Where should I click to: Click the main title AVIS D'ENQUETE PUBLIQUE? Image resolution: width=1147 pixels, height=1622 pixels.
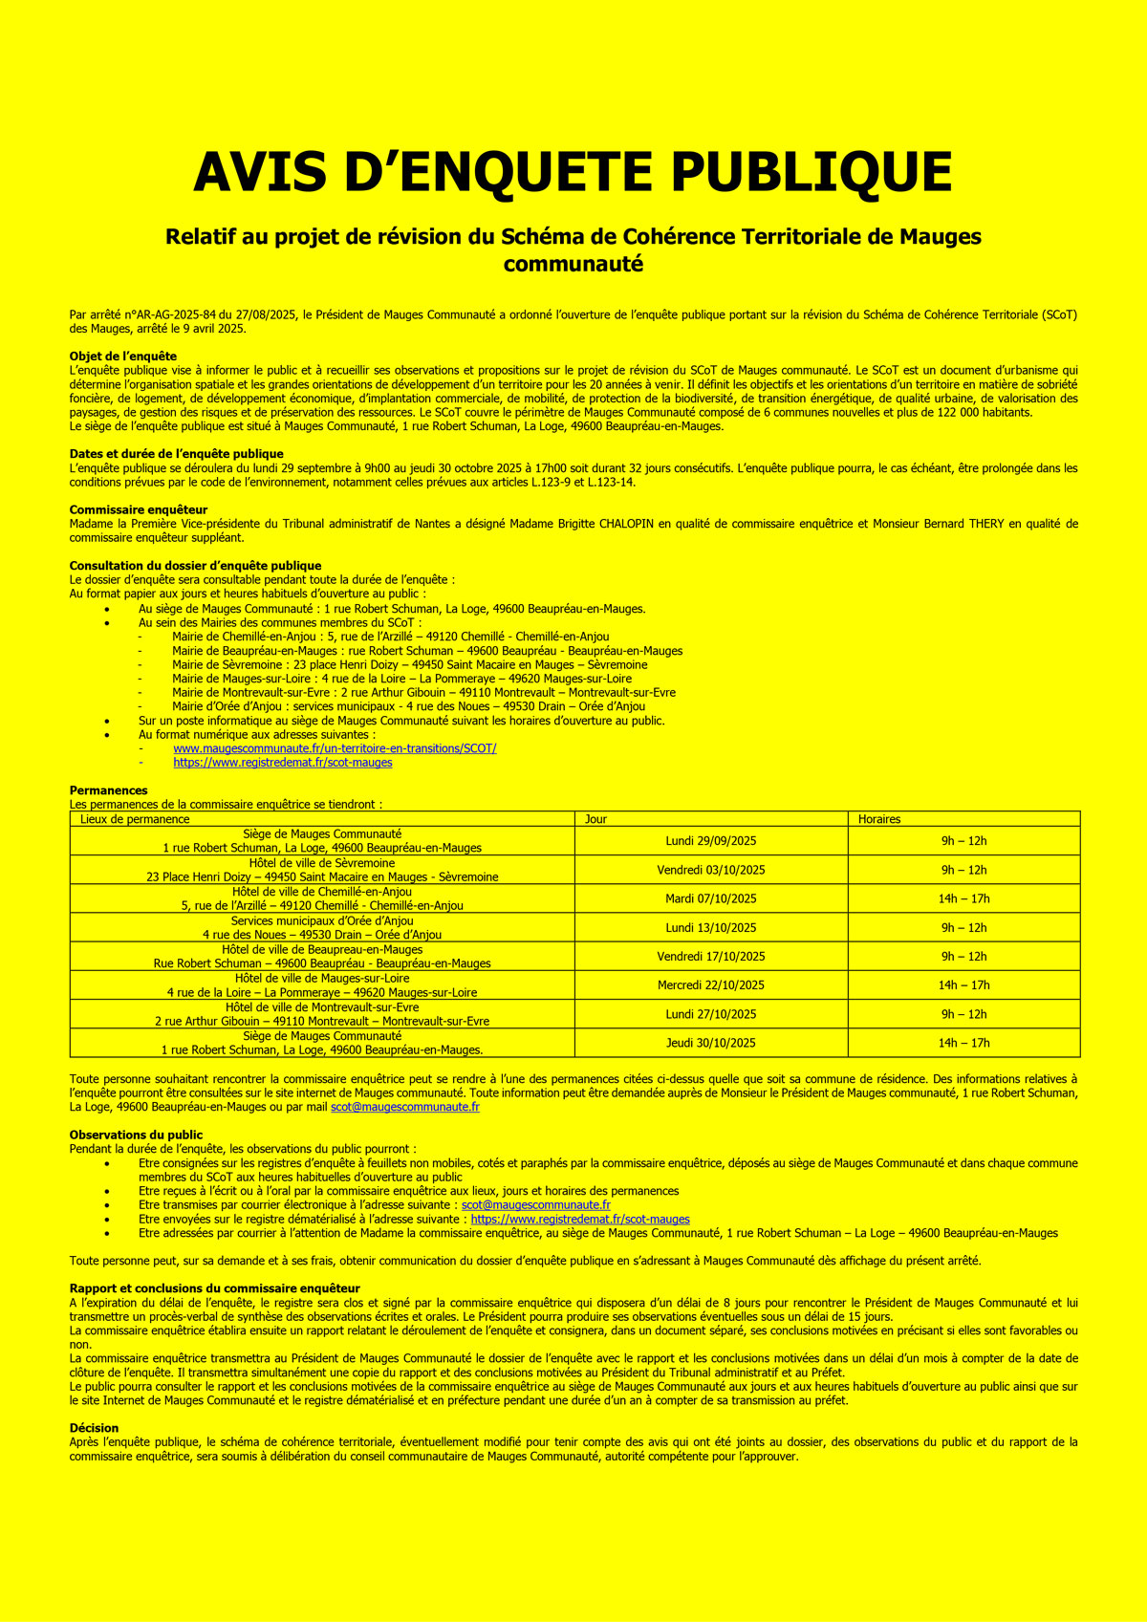(x=573, y=172)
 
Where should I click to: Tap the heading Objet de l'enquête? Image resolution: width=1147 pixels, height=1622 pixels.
(x=123, y=357)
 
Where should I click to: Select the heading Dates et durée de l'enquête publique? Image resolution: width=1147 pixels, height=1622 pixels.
(x=176, y=454)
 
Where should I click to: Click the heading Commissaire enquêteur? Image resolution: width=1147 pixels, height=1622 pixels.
(x=139, y=509)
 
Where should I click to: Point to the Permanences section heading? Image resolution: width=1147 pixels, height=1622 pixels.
(x=109, y=790)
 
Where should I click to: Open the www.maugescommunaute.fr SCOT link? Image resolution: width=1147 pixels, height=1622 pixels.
(x=335, y=748)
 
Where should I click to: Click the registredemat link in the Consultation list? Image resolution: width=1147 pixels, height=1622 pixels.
(x=283, y=763)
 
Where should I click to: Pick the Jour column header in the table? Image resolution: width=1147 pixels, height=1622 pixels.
(x=595, y=819)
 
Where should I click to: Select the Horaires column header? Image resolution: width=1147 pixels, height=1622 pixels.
(x=879, y=819)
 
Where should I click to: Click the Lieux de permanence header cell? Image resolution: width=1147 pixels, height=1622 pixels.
(x=135, y=819)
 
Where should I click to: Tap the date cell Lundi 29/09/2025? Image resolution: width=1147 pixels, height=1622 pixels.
(x=710, y=841)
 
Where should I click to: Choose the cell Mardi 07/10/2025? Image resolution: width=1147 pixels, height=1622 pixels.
(x=710, y=898)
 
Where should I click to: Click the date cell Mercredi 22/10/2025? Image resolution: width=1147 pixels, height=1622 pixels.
(x=710, y=985)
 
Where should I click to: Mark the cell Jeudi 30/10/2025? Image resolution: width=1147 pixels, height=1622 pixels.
(x=710, y=1043)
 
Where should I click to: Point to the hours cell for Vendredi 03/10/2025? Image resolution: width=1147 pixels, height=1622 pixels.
(x=963, y=870)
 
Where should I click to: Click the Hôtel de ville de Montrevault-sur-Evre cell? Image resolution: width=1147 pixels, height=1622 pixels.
(x=322, y=1014)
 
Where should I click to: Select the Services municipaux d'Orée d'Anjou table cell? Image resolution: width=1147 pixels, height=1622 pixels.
(x=322, y=927)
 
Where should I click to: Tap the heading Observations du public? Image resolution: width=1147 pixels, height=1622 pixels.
(x=136, y=1135)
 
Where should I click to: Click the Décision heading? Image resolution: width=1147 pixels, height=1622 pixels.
(x=94, y=1428)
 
